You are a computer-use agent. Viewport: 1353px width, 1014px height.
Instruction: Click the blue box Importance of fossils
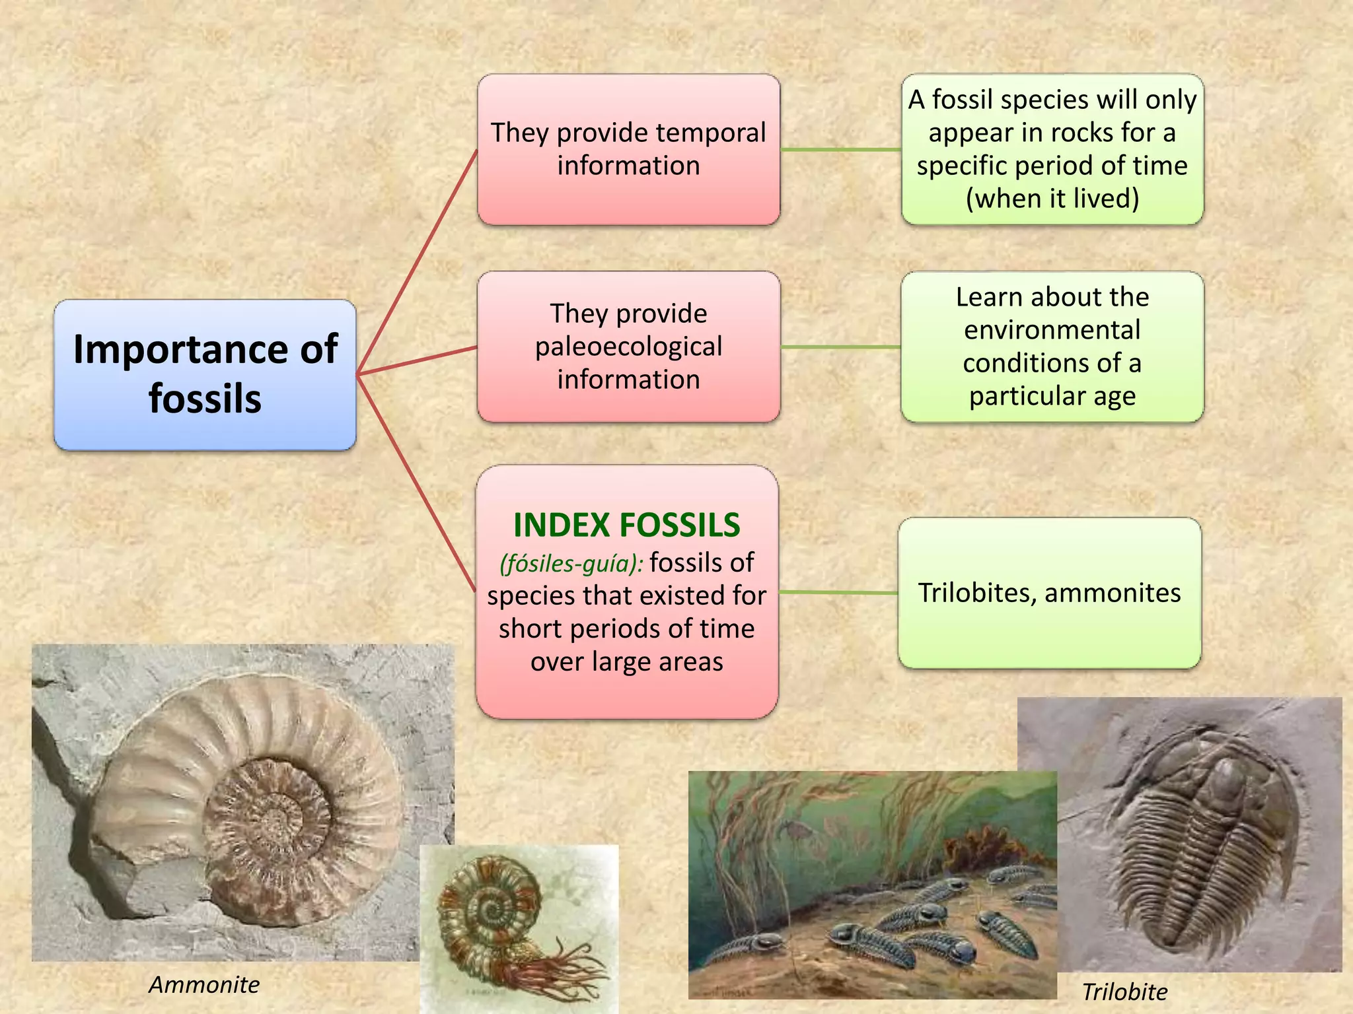click(205, 374)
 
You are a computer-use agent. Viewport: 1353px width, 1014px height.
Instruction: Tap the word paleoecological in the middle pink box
click(628, 347)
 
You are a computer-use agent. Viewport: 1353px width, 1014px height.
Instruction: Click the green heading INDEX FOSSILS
click(626, 525)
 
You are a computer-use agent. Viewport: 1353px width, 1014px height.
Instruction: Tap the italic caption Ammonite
click(204, 984)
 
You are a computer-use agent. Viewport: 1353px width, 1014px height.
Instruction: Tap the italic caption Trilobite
click(1124, 992)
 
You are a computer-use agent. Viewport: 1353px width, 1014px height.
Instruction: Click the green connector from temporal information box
click(840, 150)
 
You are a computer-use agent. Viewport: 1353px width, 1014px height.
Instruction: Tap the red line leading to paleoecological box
click(416, 360)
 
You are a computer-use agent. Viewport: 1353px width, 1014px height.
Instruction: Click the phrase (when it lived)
click(1052, 199)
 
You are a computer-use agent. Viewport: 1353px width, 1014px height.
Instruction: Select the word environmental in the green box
click(1052, 330)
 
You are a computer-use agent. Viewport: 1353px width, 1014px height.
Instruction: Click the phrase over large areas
click(626, 661)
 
